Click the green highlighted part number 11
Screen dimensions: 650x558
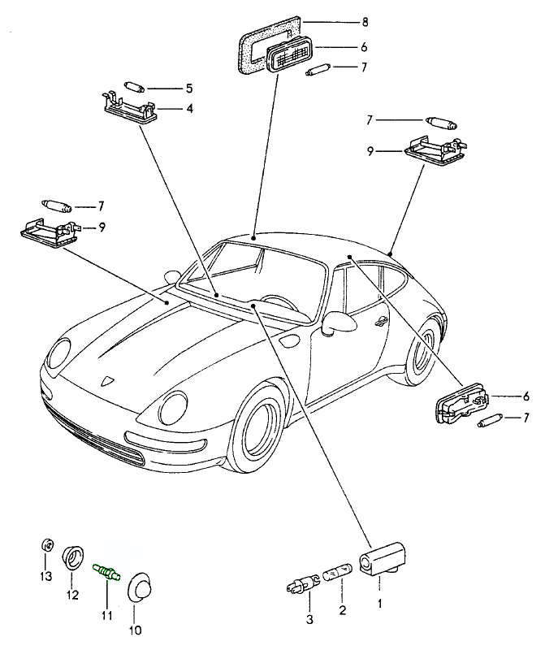pos(107,573)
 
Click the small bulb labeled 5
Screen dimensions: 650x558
pos(134,86)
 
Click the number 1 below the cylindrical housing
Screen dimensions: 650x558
pos(378,604)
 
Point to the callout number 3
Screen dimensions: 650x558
pos(308,620)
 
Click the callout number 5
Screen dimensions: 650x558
pos(188,87)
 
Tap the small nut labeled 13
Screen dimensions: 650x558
pos(47,546)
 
